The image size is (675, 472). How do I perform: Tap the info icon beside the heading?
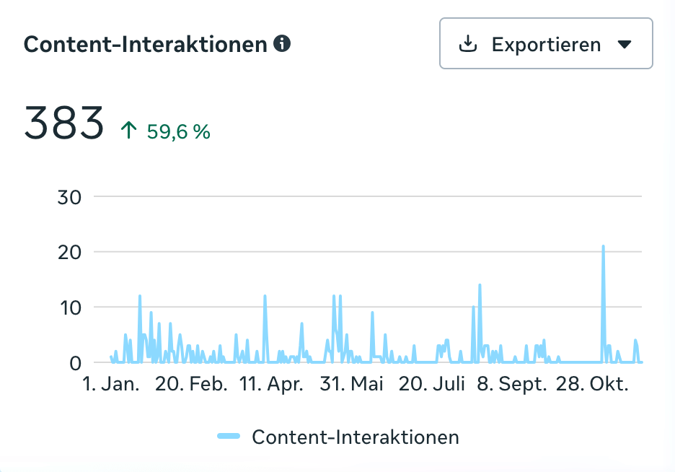point(283,44)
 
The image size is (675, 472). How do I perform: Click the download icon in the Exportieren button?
point(468,44)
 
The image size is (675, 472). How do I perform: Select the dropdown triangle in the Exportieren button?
point(625,44)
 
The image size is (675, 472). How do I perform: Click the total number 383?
point(64,123)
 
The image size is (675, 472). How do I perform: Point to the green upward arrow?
point(129,131)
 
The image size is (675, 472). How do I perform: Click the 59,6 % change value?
point(178,131)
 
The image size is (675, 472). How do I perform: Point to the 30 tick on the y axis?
point(69,196)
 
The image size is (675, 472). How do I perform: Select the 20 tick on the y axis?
point(69,252)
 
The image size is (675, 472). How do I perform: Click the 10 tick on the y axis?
point(69,307)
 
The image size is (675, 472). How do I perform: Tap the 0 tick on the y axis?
point(75,363)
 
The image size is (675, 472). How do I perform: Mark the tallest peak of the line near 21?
point(603,247)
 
